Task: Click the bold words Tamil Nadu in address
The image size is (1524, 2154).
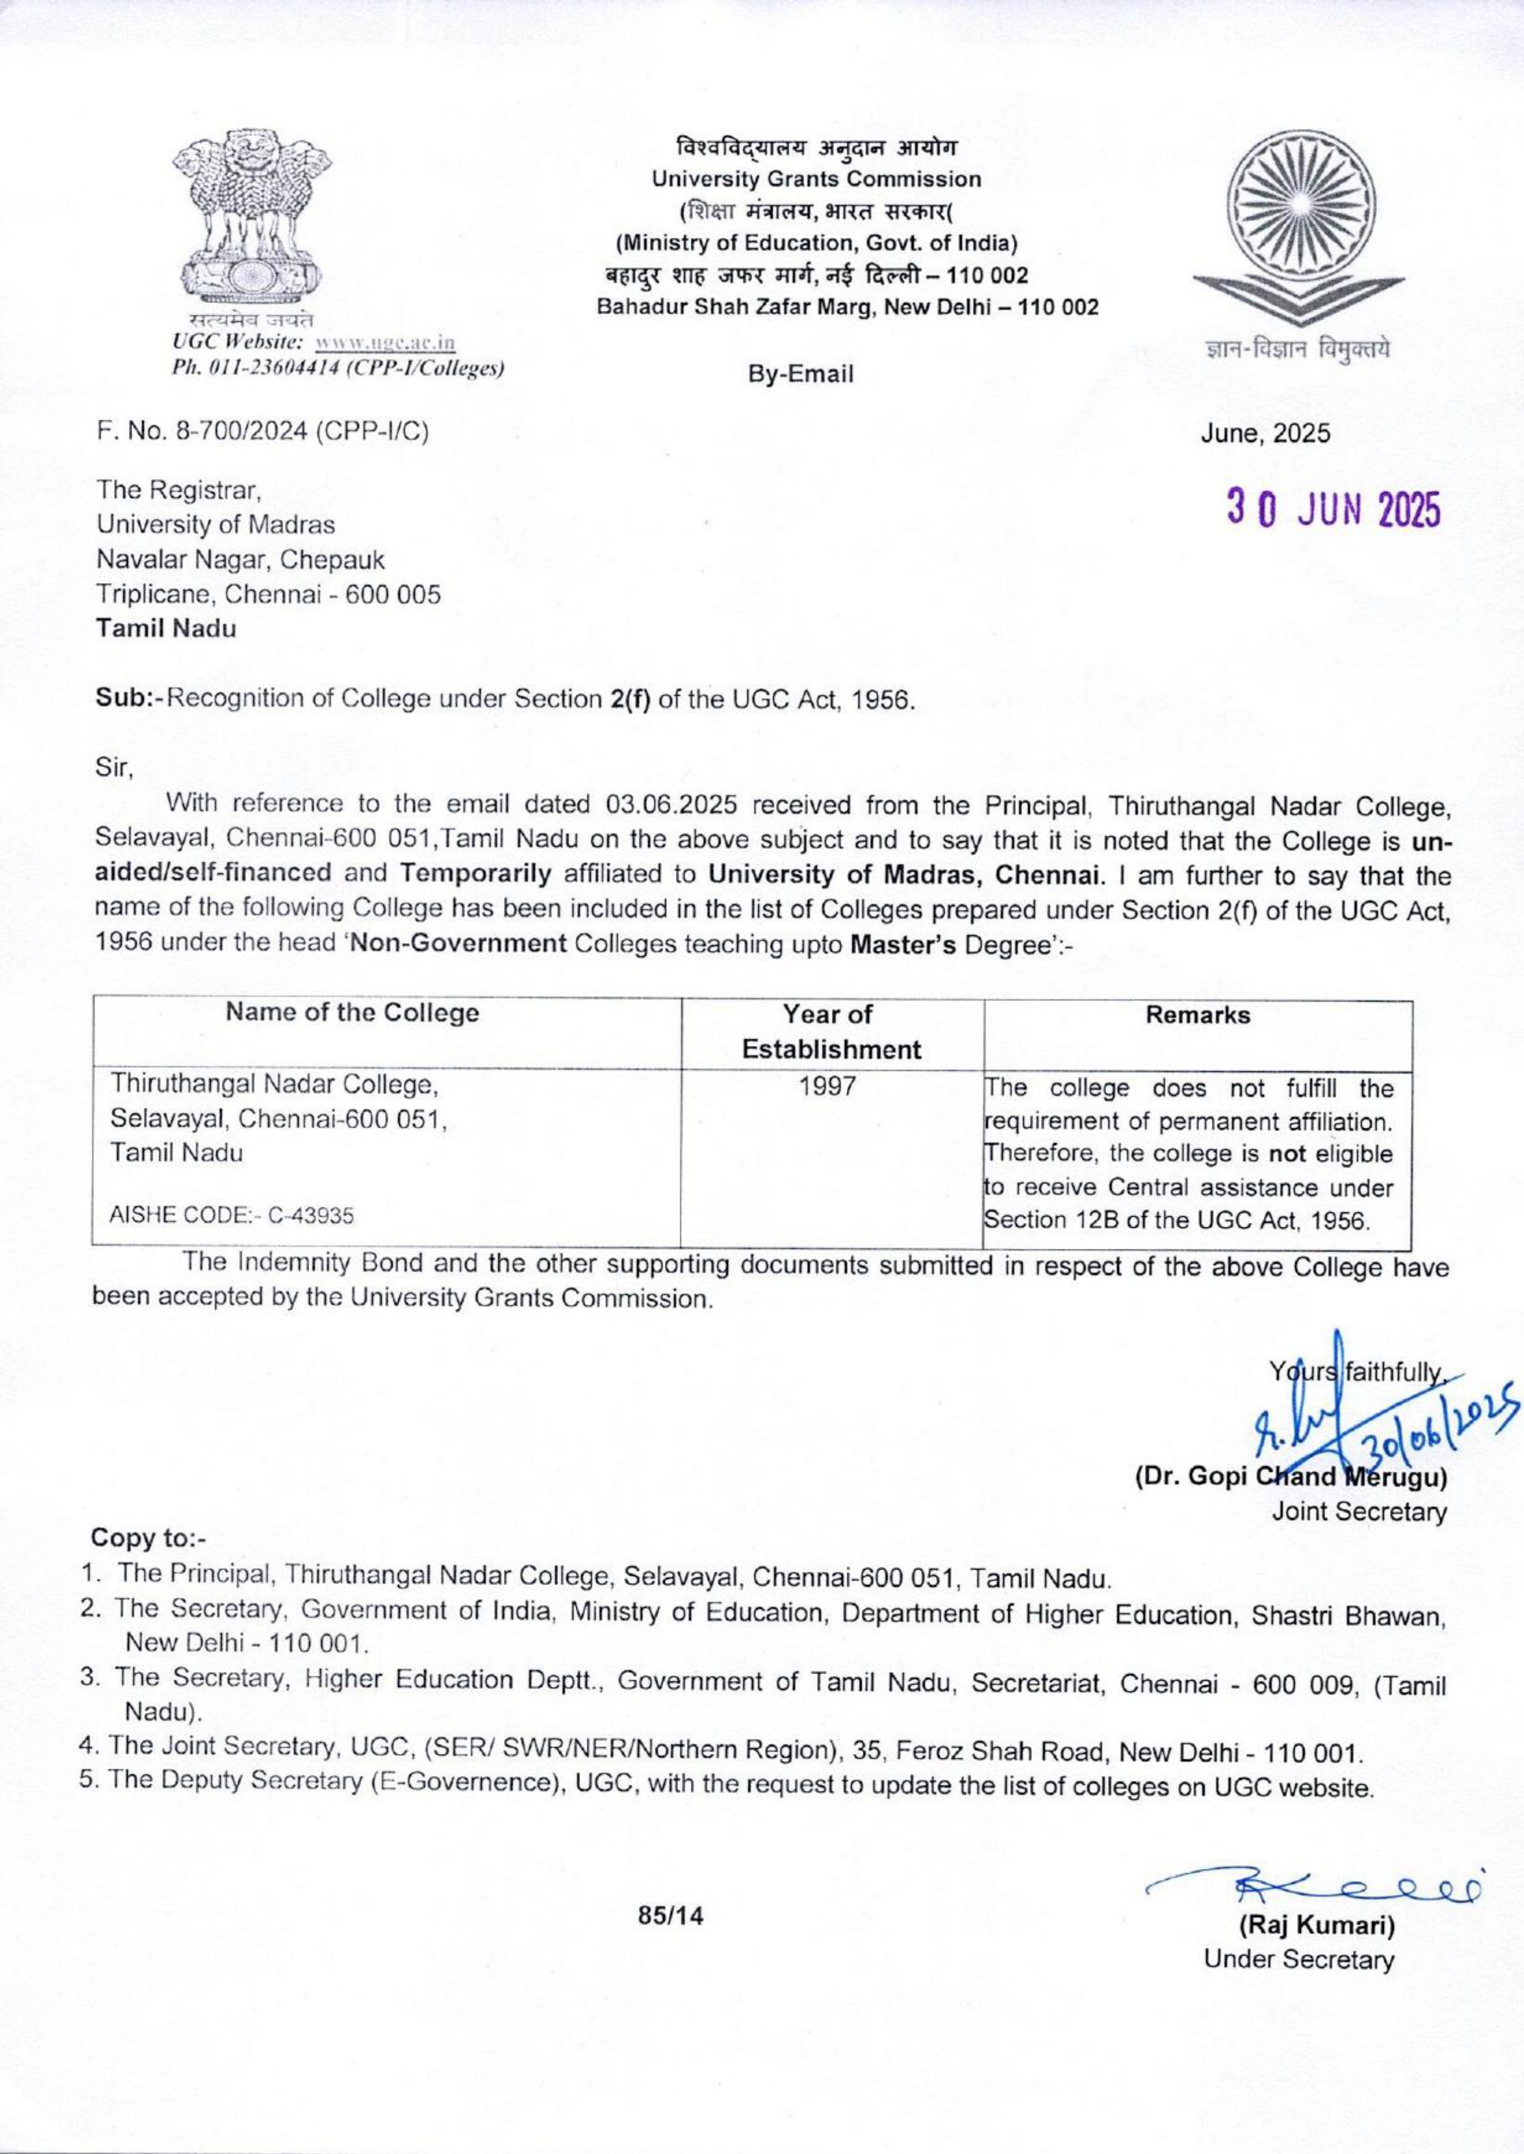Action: pyautogui.click(x=166, y=629)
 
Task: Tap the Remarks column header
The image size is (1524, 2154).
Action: pyautogui.click(x=1198, y=1015)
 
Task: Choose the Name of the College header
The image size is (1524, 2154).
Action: pyautogui.click(x=353, y=1013)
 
